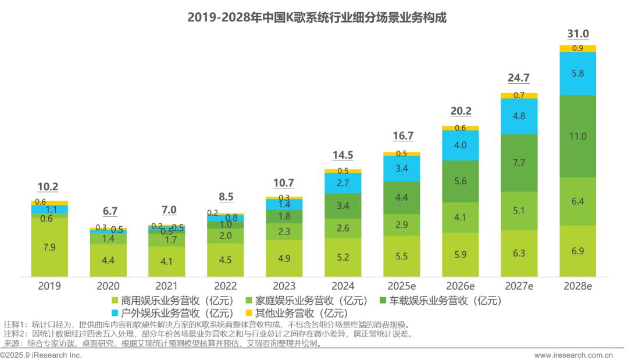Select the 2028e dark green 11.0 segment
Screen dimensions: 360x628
(x=577, y=136)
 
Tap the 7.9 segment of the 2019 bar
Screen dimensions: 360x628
(x=49, y=247)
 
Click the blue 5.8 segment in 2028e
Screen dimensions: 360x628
(x=577, y=74)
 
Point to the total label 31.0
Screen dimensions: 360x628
(x=577, y=34)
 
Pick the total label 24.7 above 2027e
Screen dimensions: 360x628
(x=519, y=78)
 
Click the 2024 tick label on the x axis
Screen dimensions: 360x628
(x=343, y=286)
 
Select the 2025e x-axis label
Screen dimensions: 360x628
(x=402, y=286)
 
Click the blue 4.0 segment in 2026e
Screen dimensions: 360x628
(x=461, y=145)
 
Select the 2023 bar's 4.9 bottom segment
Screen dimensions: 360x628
(x=284, y=258)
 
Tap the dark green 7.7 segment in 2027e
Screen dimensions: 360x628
(x=519, y=163)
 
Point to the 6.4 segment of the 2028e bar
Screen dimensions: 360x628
(x=577, y=201)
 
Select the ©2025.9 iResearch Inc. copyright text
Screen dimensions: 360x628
(x=41, y=355)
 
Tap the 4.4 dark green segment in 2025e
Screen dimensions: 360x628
(x=402, y=198)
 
